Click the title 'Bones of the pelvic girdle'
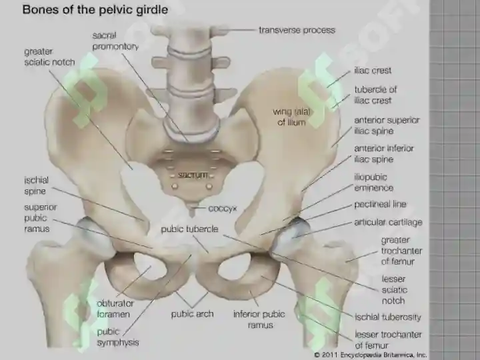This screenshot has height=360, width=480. (x=95, y=10)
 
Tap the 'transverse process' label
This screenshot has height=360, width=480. (x=297, y=30)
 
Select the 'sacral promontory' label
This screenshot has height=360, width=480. (x=115, y=41)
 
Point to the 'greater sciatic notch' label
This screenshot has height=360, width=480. (x=49, y=57)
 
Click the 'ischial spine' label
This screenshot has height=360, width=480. (x=37, y=185)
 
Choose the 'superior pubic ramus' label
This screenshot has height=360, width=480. (x=41, y=218)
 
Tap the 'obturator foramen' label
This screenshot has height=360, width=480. (x=115, y=309)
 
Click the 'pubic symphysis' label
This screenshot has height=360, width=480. (x=118, y=337)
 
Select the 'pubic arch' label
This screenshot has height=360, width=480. (x=192, y=314)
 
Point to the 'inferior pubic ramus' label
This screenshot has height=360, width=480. (x=259, y=319)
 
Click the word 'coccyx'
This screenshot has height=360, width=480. (x=223, y=209)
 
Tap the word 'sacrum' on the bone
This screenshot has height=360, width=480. (x=193, y=175)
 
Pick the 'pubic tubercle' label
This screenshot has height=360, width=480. (x=189, y=229)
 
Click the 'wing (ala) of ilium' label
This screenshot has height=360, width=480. (x=292, y=117)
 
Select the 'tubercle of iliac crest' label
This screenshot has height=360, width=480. (x=375, y=95)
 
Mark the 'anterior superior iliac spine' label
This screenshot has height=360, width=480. (x=387, y=125)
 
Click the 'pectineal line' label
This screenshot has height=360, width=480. (x=380, y=204)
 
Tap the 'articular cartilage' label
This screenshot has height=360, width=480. (x=388, y=222)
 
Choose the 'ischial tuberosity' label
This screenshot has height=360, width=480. (x=388, y=317)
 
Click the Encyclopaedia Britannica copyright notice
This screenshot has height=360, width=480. (x=371, y=355)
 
